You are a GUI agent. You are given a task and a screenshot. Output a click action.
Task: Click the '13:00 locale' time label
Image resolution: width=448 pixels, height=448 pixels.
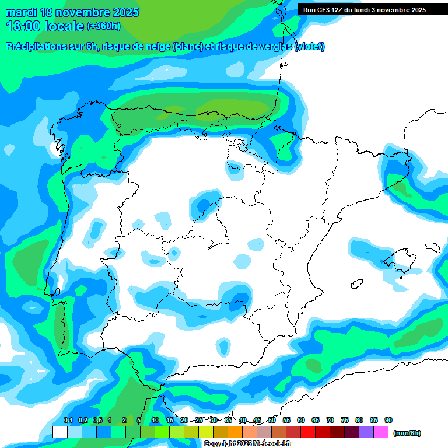click(44, 26)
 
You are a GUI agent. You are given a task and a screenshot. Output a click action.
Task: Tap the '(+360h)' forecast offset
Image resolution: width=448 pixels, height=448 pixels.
click(104, 26)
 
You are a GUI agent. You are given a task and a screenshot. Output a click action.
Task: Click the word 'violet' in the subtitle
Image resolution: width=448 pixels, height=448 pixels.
click(310, 47)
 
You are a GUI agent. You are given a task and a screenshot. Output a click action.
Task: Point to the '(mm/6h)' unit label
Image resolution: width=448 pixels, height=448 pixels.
click(407, 433)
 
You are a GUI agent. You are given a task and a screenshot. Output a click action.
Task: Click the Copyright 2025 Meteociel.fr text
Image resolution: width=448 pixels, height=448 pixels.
click(247, 444)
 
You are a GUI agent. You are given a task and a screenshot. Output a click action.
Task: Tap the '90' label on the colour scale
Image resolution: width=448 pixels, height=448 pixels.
click(388, 420)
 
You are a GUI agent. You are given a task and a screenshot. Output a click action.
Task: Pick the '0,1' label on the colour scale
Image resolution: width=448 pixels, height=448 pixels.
click(68, 420)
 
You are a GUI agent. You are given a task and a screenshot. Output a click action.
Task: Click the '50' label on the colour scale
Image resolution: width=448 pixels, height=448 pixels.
click(272, 420)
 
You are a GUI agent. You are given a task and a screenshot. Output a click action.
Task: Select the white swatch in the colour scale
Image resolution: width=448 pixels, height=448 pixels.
click(60, 432)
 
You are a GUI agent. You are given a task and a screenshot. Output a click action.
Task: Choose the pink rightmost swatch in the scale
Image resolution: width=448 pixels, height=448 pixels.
click(381, 432)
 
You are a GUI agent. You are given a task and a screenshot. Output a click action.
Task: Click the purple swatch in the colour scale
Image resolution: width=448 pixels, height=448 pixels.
click(366, 432)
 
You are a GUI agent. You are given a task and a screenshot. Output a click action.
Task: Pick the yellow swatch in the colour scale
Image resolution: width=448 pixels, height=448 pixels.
click(205, 432)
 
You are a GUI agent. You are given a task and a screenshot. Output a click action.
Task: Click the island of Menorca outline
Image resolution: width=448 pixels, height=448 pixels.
click(432, 247)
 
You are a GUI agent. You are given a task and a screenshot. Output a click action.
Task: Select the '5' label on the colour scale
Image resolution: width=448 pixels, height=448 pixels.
click(139, 420)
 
